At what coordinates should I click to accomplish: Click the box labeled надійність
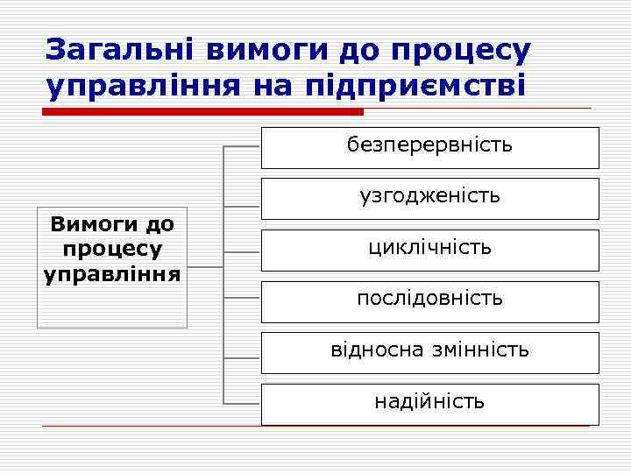tap(429, 404)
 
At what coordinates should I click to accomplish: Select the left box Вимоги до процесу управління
tap(112, 267)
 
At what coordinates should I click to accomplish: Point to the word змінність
tap(480, 350)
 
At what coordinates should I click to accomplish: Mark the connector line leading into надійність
tap(243, 404)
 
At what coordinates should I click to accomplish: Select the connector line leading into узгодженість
tap(243, 207)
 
